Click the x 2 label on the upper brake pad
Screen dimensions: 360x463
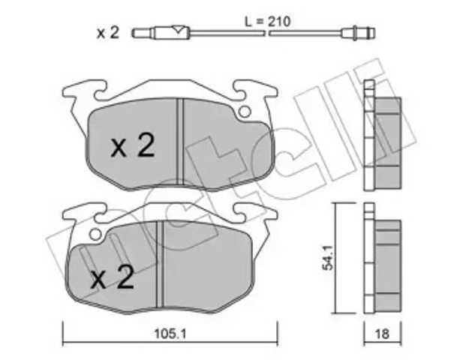click(133, 146)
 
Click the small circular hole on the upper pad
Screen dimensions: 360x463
click(243, 112)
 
